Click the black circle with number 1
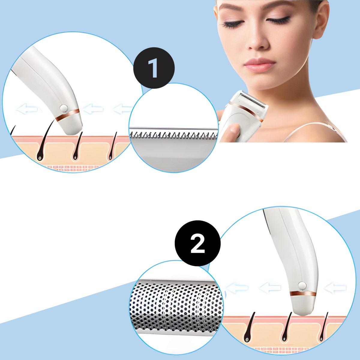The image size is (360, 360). (x=154, y=68)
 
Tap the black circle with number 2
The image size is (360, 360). (x=198, y=244)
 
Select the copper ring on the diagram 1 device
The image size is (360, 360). (x=67, y=115)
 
